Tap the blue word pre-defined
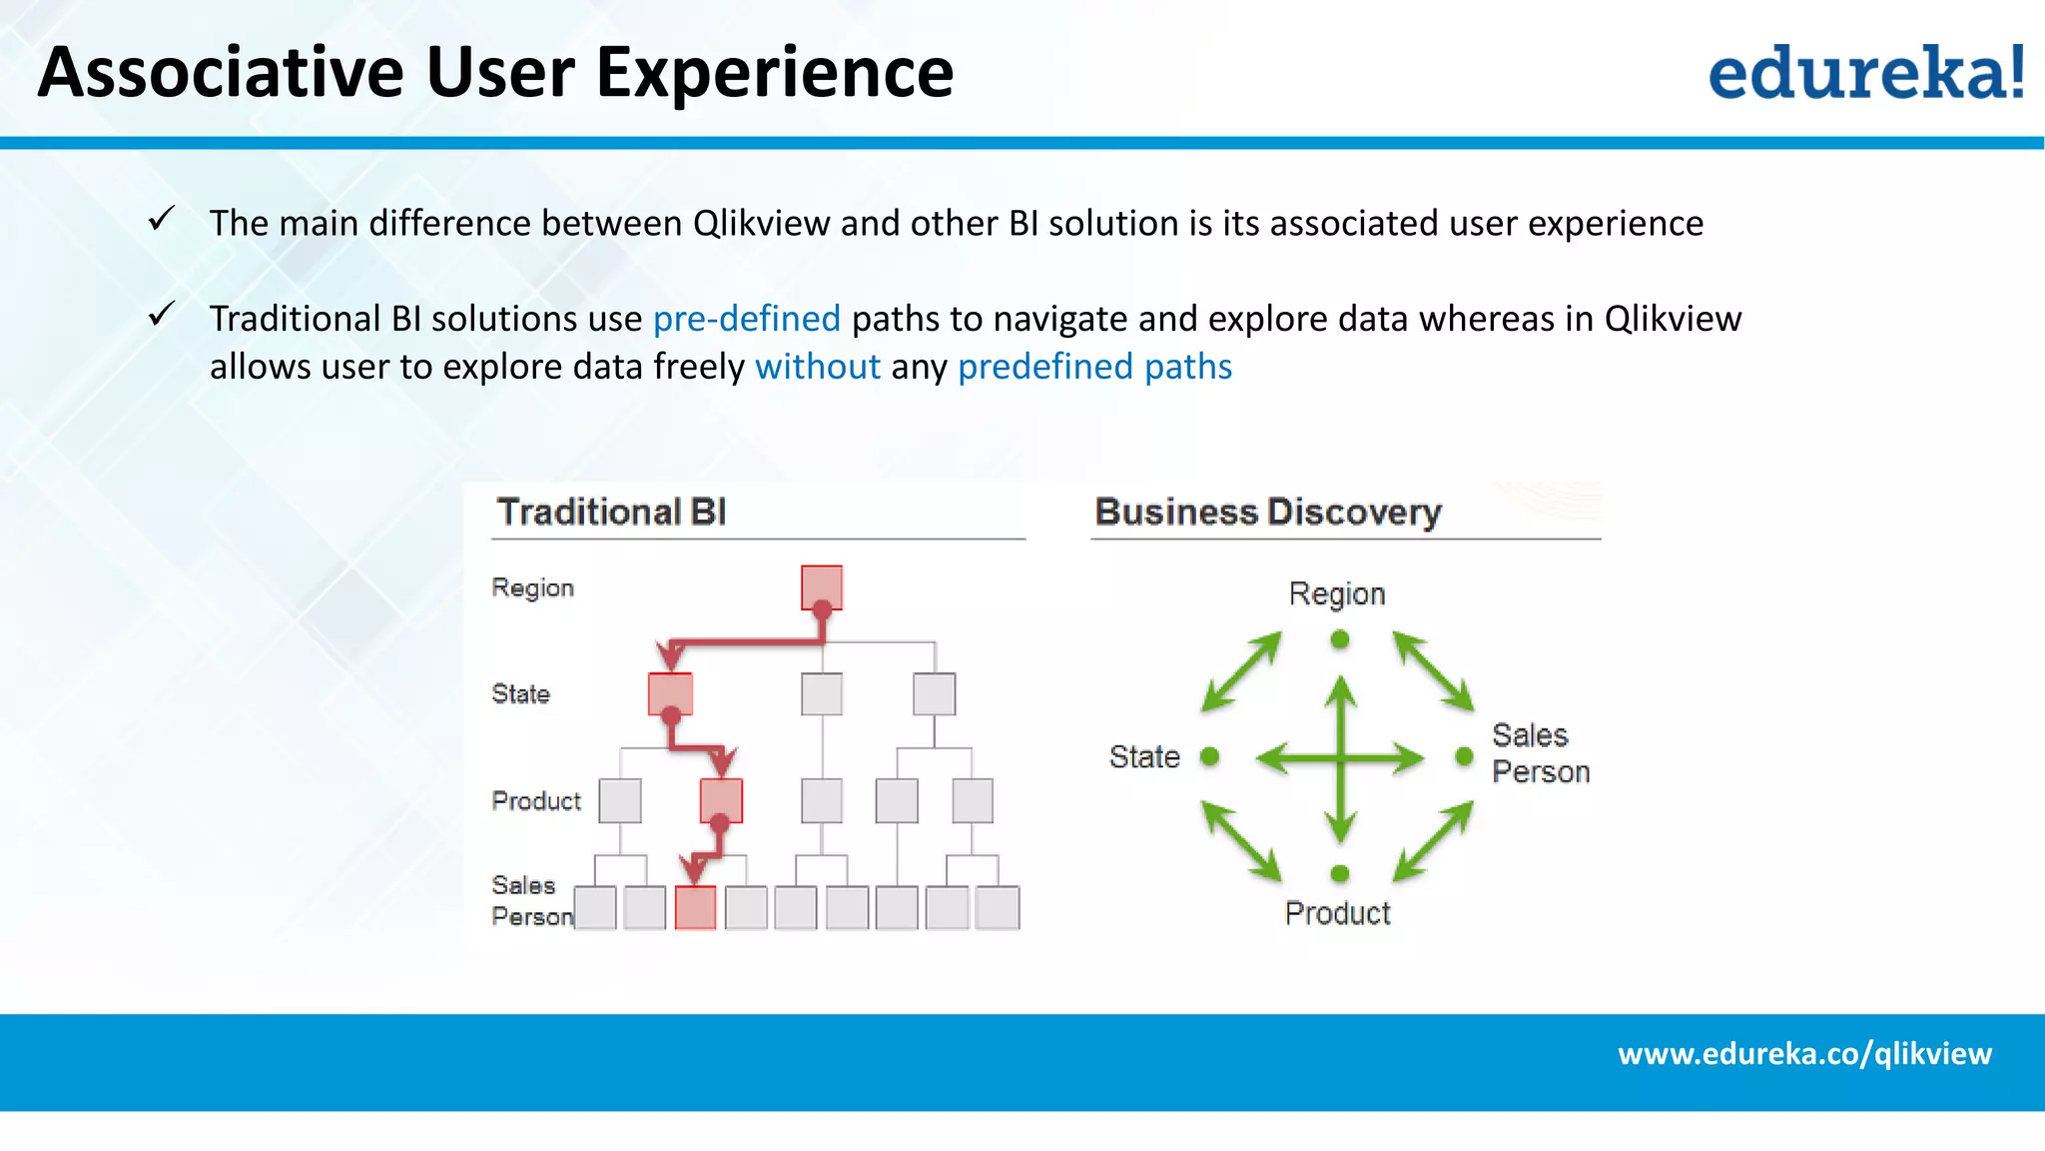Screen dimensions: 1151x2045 pyautogui.click(x=746, y=319)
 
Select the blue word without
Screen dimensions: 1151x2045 pyautogui.click(x=818, y=367)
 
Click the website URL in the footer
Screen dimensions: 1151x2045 pyautogui.click(x=1804, y=1053)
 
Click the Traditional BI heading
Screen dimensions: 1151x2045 pyautogui.click(x=611, y=512)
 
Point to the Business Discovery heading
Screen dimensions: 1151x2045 pyautogui.click(x=1268, y=512)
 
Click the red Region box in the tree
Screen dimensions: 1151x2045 pyautogui.click(x=821, y=587)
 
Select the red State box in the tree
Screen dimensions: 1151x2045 pyautogui.click(x=670, y=693)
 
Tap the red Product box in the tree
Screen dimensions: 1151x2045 pyautogui.click(x=721, y=800)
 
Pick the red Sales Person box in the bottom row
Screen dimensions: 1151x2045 pyautogui.click(x=695, y=907)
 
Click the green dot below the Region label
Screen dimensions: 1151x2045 pyautogui.click(x=1340, y=639)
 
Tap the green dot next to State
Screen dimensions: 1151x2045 pyautogui.click(x=1209, y=756)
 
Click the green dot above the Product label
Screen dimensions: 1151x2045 pyautogui.click(x=1340, y=873)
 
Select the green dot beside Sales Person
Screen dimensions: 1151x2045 pyautogui.click(x=1464, y=756)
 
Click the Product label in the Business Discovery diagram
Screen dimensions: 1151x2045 pyautogui.click(x=1337, y=913)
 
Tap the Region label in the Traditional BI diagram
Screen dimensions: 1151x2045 pyautogui.click(x=532, y=587)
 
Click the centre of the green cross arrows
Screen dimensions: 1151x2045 pyautogui.click(x=1340, y=758)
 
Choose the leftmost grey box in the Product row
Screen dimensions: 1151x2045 pyautogui.click(x=619, y=800)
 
